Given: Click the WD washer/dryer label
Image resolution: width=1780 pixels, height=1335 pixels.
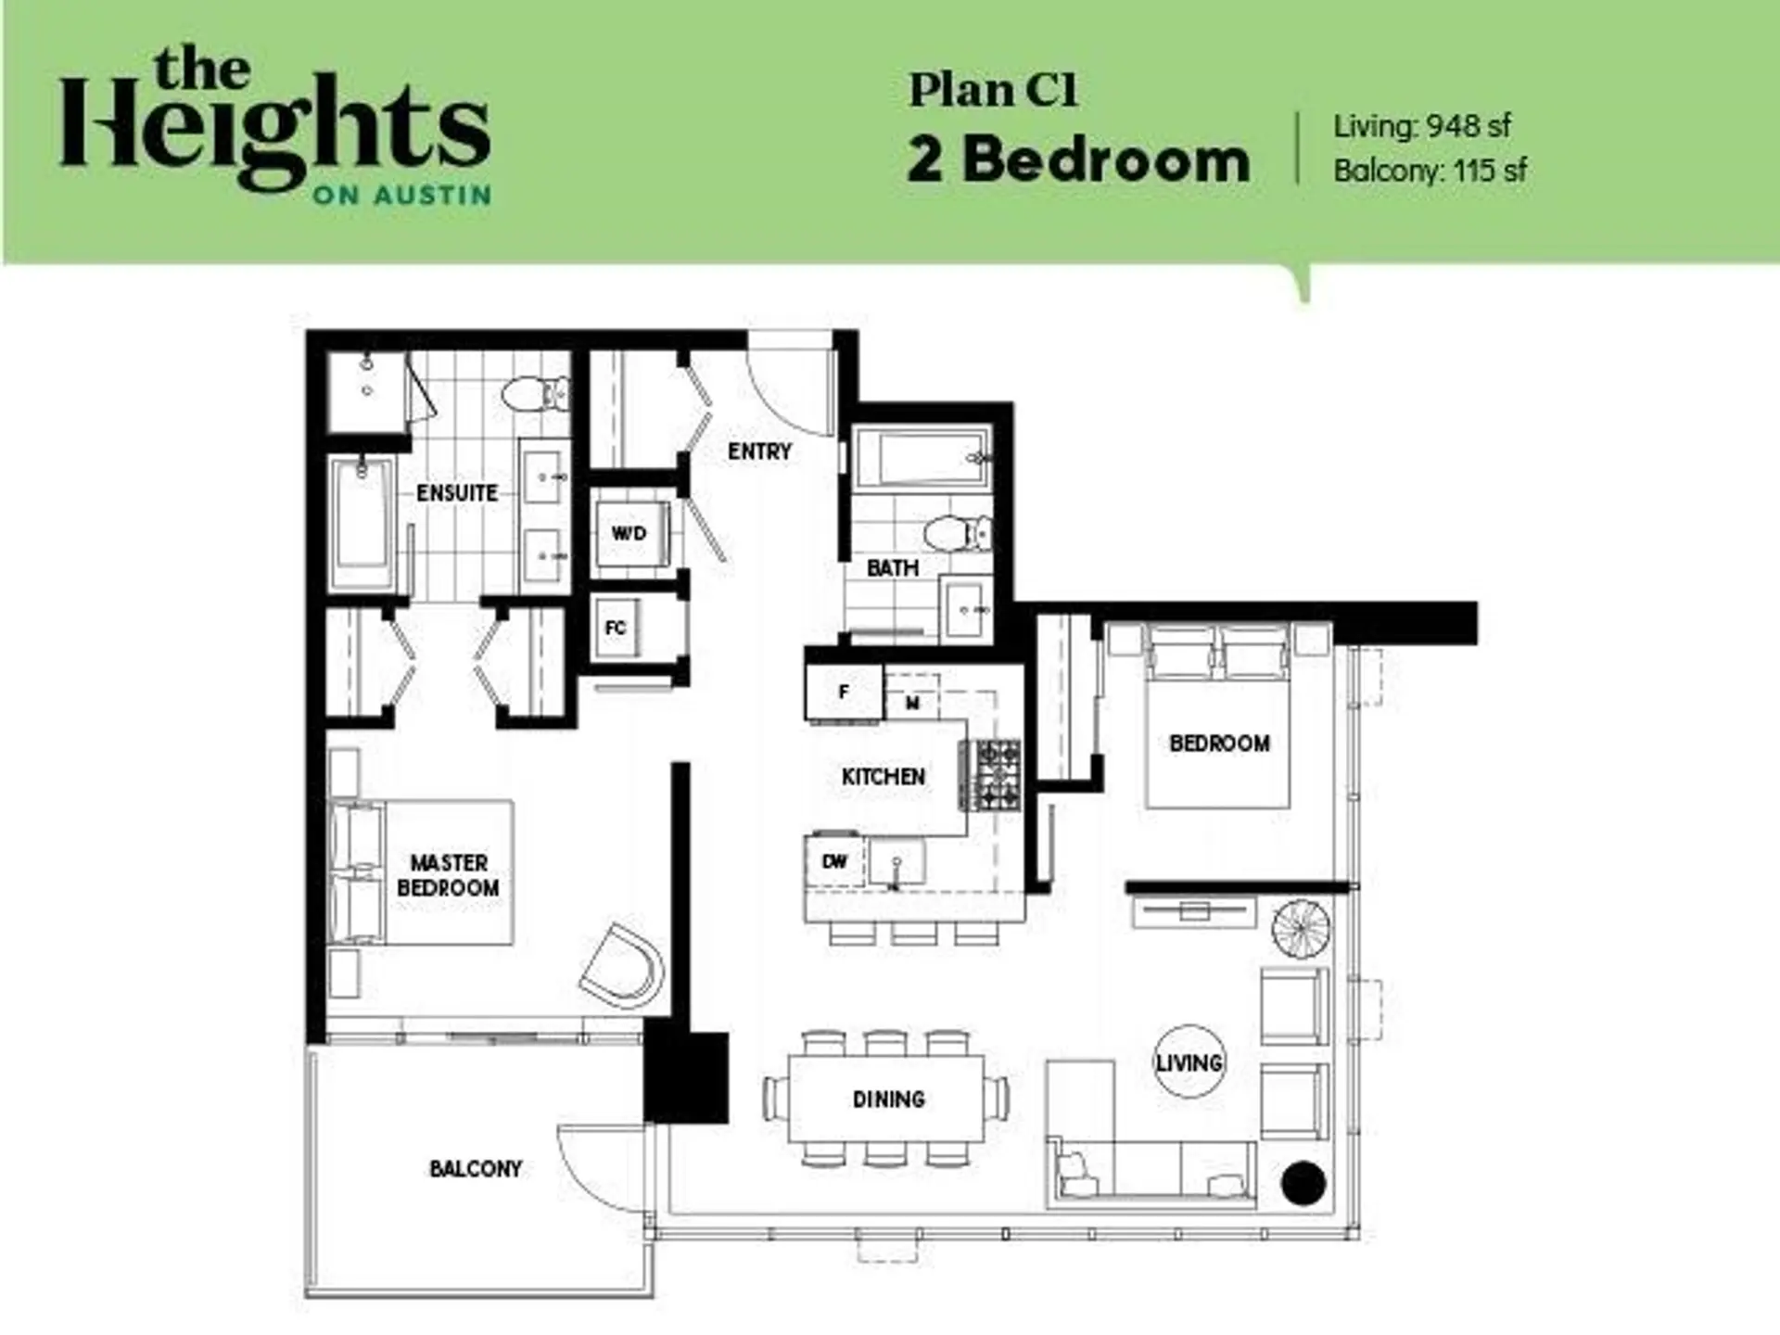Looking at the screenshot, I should [x=629, y=533].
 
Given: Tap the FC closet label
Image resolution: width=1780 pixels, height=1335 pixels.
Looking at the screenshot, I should [x=615, y=629].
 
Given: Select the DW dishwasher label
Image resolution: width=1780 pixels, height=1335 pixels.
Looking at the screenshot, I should [x=834, y=861].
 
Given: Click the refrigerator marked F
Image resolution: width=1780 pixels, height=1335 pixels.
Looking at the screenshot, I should [x=844, y=692].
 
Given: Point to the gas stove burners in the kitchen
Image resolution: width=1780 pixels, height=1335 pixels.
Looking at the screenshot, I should [x=990, y=774].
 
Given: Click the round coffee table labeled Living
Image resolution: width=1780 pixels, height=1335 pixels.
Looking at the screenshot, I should [x=1189, y=1062].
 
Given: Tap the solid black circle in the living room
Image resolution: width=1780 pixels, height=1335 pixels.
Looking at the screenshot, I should [x=1303, y=1184].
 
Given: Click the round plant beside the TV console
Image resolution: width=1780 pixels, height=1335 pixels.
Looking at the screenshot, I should [x=1301, y=928].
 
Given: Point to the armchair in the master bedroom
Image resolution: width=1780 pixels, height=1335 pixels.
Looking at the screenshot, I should [x=622, y=964].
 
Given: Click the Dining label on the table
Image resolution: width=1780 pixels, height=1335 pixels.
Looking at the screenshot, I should [x=888, y=1100].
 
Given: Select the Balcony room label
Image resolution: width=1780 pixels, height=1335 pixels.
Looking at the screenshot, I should [x=476, y=1169].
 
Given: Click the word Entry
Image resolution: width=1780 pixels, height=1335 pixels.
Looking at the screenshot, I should [x=759, y=451].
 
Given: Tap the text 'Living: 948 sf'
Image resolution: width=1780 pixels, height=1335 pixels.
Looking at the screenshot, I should [x=1422, y=126].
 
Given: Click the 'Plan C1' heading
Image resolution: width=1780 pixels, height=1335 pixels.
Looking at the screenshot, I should [x=993, y=91].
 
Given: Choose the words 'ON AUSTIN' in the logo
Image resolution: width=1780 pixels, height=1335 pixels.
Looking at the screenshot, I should [x=401, y=196].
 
